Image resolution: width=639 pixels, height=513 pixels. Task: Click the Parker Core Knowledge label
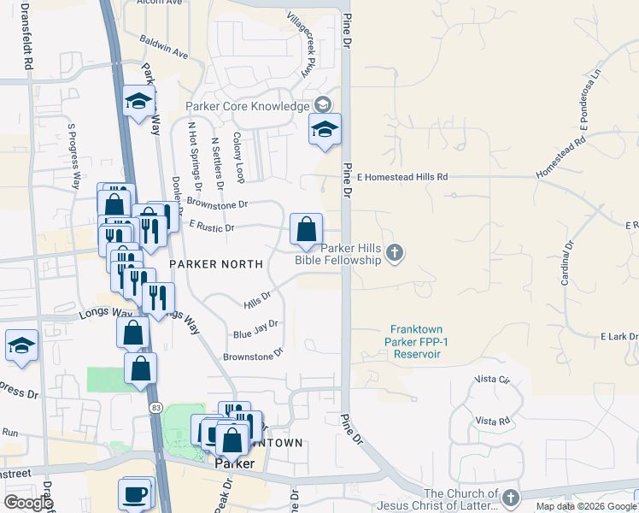click(x=248, y=106)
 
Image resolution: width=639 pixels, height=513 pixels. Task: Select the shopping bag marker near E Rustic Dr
click(x=306, y=229)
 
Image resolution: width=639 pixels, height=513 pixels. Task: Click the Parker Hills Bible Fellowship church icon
click(x=394, y=252)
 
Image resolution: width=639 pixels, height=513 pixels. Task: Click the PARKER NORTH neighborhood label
click(x=215, y=264)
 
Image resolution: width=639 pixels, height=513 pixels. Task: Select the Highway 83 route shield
click(x=155, y=408)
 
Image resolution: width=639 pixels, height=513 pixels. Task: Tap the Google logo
click(x=28, y=503)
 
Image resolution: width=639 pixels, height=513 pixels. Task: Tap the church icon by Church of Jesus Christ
click(x=510, y=498)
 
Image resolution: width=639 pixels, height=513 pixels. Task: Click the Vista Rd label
click(x=492, y=421)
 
